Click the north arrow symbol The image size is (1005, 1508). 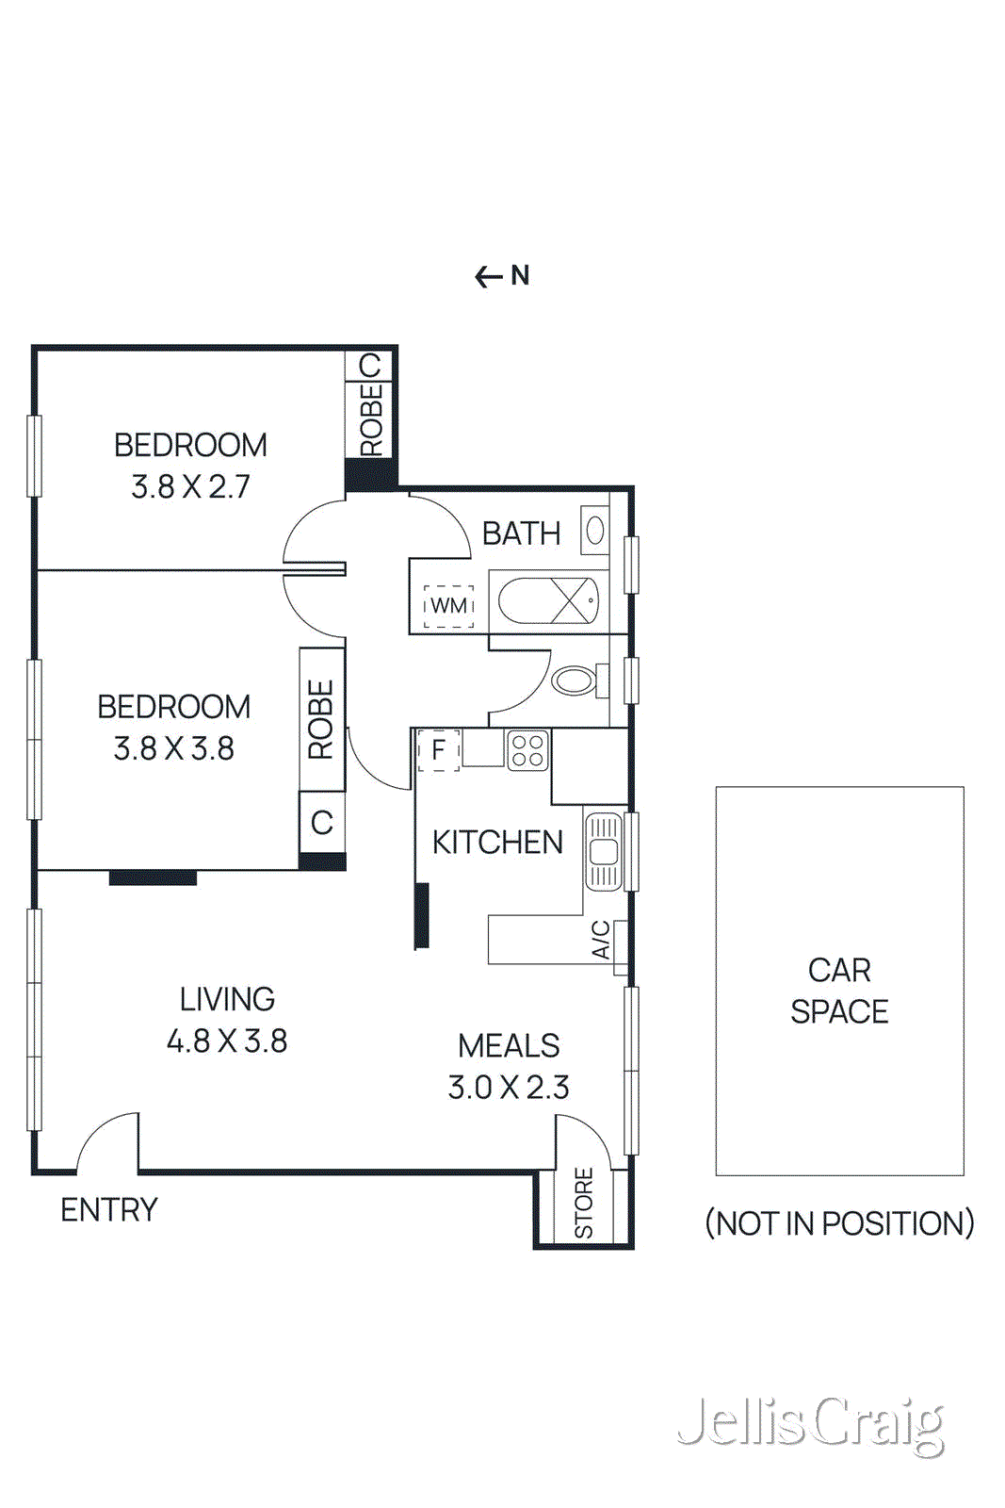[x=489, y=277]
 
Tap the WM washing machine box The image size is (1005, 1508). [x=448, y=605]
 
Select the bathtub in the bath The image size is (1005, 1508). [x=548, y=601]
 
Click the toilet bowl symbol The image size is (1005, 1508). [x=574, y=680]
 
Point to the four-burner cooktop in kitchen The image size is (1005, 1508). [x=527, y=750]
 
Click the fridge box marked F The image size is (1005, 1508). [x=438, y=751]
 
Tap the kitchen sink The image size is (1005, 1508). [x=604, y=852]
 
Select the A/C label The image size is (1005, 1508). [x=601, y=940]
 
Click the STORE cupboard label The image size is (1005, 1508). [x=584, y=1204]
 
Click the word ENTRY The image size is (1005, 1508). [x=109, y=1209]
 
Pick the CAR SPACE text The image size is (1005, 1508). [x=838, y=991]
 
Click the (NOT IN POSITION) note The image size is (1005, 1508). [x=838, y=1223]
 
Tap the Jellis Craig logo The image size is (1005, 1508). [x=810, y=1424]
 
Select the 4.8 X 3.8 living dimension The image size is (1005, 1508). [x=227, y=1041]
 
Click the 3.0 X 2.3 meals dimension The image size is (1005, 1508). [x=509, y=1088]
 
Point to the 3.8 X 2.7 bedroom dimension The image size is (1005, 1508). [x=190, y=487]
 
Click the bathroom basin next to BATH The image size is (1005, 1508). [x=594, y=531]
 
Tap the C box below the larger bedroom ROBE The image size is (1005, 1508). [x=322, y=822]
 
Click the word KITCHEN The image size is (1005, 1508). [x=497, y=843]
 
